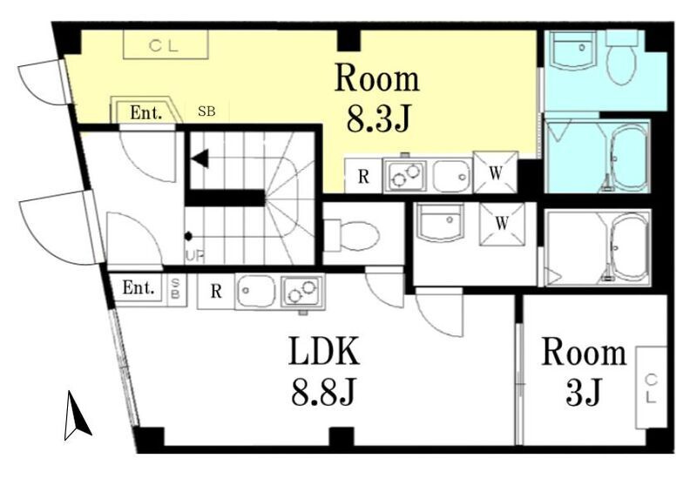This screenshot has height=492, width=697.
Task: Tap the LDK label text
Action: point(323,351)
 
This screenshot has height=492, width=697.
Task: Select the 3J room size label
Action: point(584,391)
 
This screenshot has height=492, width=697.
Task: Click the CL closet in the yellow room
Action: point(166,45)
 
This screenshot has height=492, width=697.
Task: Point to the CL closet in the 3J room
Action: point(651,388)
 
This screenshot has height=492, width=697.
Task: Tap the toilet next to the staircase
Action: point(352,236)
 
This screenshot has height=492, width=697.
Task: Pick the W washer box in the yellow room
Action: point(496,172)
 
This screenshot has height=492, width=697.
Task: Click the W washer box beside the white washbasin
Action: point(502,224)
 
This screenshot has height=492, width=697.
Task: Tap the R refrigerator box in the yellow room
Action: point(363,177)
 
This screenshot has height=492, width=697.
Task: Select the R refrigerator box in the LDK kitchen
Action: point(216,292)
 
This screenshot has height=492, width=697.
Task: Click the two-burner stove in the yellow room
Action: point(405,176)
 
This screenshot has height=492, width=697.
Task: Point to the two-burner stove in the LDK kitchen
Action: point(302,291)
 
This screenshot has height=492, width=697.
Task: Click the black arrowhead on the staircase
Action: point(200,158)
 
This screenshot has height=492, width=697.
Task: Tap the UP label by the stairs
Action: point(194,256)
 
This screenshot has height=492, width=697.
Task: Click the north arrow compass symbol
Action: point(77,415)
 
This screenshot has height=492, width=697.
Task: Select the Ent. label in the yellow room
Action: point(145,113)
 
